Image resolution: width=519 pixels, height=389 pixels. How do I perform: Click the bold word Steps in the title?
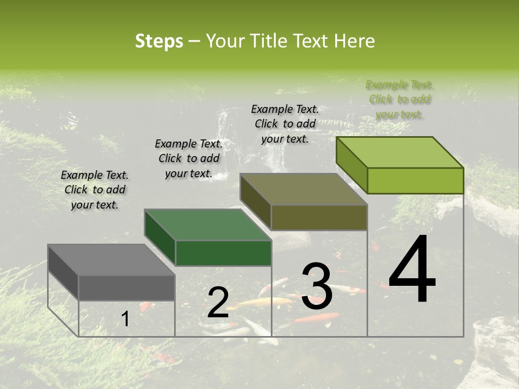point(159,41)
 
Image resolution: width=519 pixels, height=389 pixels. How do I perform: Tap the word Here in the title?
point(354,41)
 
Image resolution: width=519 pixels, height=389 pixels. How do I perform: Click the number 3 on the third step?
point(317,286)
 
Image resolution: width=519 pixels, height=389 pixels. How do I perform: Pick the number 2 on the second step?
point(218,302)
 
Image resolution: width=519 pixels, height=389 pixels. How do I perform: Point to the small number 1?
point(125,319)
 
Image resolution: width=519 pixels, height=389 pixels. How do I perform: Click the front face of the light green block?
point(415,180)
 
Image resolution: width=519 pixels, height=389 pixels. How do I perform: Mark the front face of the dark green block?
point(223,253)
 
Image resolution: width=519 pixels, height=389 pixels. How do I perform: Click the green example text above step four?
point(400,99)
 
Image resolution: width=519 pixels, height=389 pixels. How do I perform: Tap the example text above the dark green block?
point(189,158)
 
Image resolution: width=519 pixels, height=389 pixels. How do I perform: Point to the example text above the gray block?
point(95,190)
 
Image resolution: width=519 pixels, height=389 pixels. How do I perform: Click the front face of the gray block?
point(127,288)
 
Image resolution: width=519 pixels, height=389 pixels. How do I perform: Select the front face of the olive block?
point(319,217)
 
